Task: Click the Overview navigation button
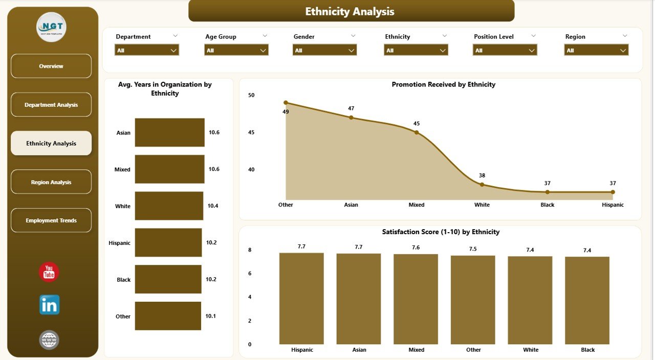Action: [51, 66]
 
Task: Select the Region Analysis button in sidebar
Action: [51, 182]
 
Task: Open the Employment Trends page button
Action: [51, 220]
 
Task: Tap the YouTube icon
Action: [49, 272]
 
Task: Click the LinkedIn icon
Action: [50, 305]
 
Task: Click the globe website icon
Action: [49, 340]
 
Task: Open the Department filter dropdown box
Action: [146, 50]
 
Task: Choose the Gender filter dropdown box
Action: [324, 50]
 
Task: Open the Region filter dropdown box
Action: [596, 50]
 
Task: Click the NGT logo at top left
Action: [51, 27]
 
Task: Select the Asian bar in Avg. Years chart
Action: [169, 132]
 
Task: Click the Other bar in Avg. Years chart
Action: [168, 316]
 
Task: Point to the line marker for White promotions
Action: [482, 185]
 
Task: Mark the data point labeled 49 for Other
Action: [286, 103]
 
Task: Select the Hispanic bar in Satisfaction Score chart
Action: [301, 299]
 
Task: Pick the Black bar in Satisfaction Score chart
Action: [587, 301]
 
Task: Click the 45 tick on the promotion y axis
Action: [251, 132]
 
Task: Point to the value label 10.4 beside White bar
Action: [213, 206]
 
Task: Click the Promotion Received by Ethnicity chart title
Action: [443, 84]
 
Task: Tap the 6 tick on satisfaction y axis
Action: [250, 274]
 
